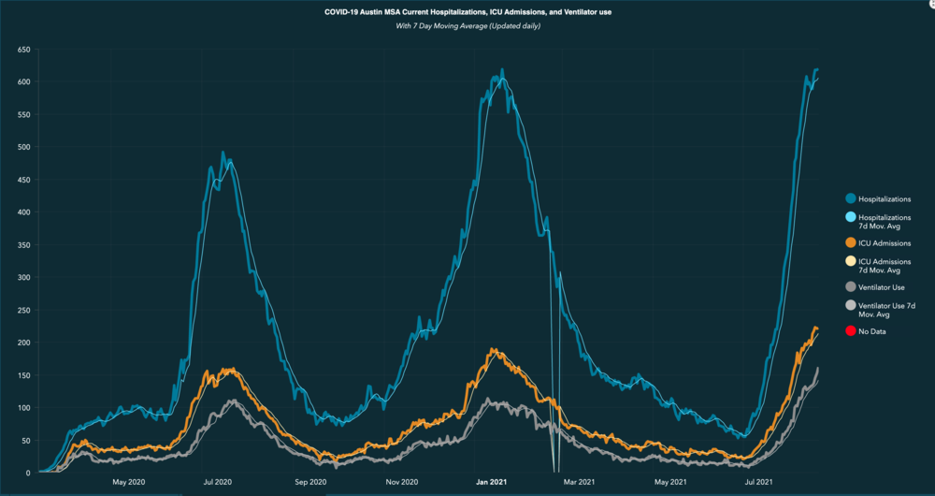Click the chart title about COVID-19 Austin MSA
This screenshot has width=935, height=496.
467,11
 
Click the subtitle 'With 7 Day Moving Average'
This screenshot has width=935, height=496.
467,25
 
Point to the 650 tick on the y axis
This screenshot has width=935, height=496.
23,49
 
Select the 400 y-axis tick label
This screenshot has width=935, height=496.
23,212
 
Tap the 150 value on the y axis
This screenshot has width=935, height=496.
23,375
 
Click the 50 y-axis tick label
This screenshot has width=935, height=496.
25,441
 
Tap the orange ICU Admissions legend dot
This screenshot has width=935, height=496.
850,243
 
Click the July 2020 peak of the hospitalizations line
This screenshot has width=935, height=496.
223,153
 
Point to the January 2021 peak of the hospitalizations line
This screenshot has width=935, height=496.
502,69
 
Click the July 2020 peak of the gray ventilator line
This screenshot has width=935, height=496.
233,401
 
